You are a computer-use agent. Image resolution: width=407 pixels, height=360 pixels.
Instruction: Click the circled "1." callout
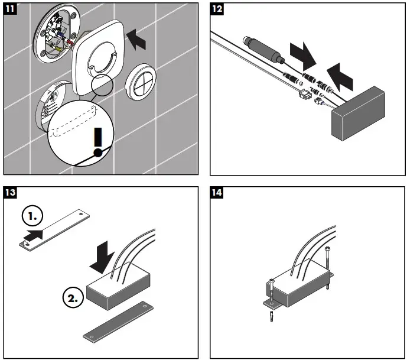tap(32, 216)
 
